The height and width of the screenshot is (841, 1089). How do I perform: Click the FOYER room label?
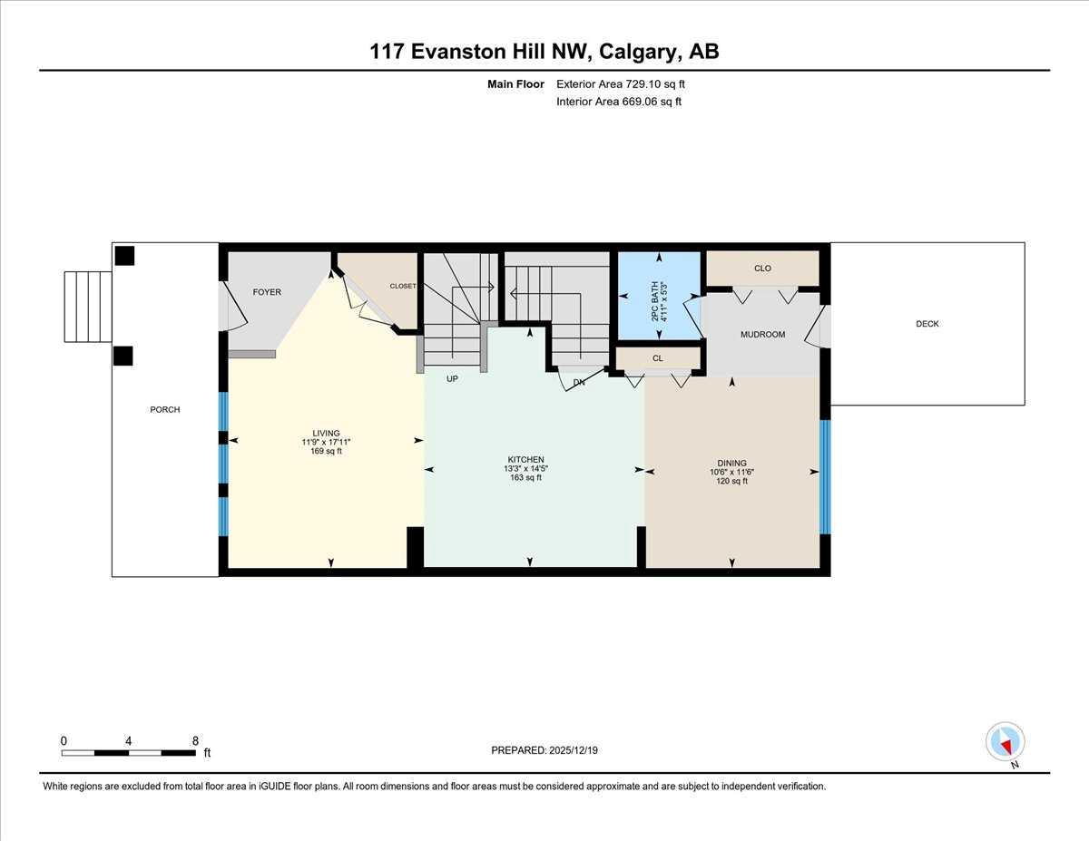267,292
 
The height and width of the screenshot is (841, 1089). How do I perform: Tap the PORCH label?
165,410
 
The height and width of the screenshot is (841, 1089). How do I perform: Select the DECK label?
927,324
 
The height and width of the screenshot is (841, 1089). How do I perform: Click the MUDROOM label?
762,335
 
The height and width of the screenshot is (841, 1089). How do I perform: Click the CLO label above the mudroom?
762,269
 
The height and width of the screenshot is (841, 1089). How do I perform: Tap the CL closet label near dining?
658,358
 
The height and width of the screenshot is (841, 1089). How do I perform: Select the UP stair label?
452,378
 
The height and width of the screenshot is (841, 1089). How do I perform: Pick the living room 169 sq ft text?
326,451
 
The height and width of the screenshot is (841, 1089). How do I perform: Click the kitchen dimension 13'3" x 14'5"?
526,469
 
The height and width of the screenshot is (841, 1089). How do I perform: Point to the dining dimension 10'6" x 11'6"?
732,472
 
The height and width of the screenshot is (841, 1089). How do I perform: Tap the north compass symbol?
1006,743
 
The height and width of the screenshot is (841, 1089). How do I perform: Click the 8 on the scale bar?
195,741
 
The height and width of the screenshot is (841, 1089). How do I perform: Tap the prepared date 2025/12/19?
574,750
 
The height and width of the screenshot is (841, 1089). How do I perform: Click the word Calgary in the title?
640,52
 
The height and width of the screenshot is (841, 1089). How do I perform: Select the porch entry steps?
88,307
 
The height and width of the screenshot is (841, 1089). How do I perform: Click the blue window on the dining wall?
825,476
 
